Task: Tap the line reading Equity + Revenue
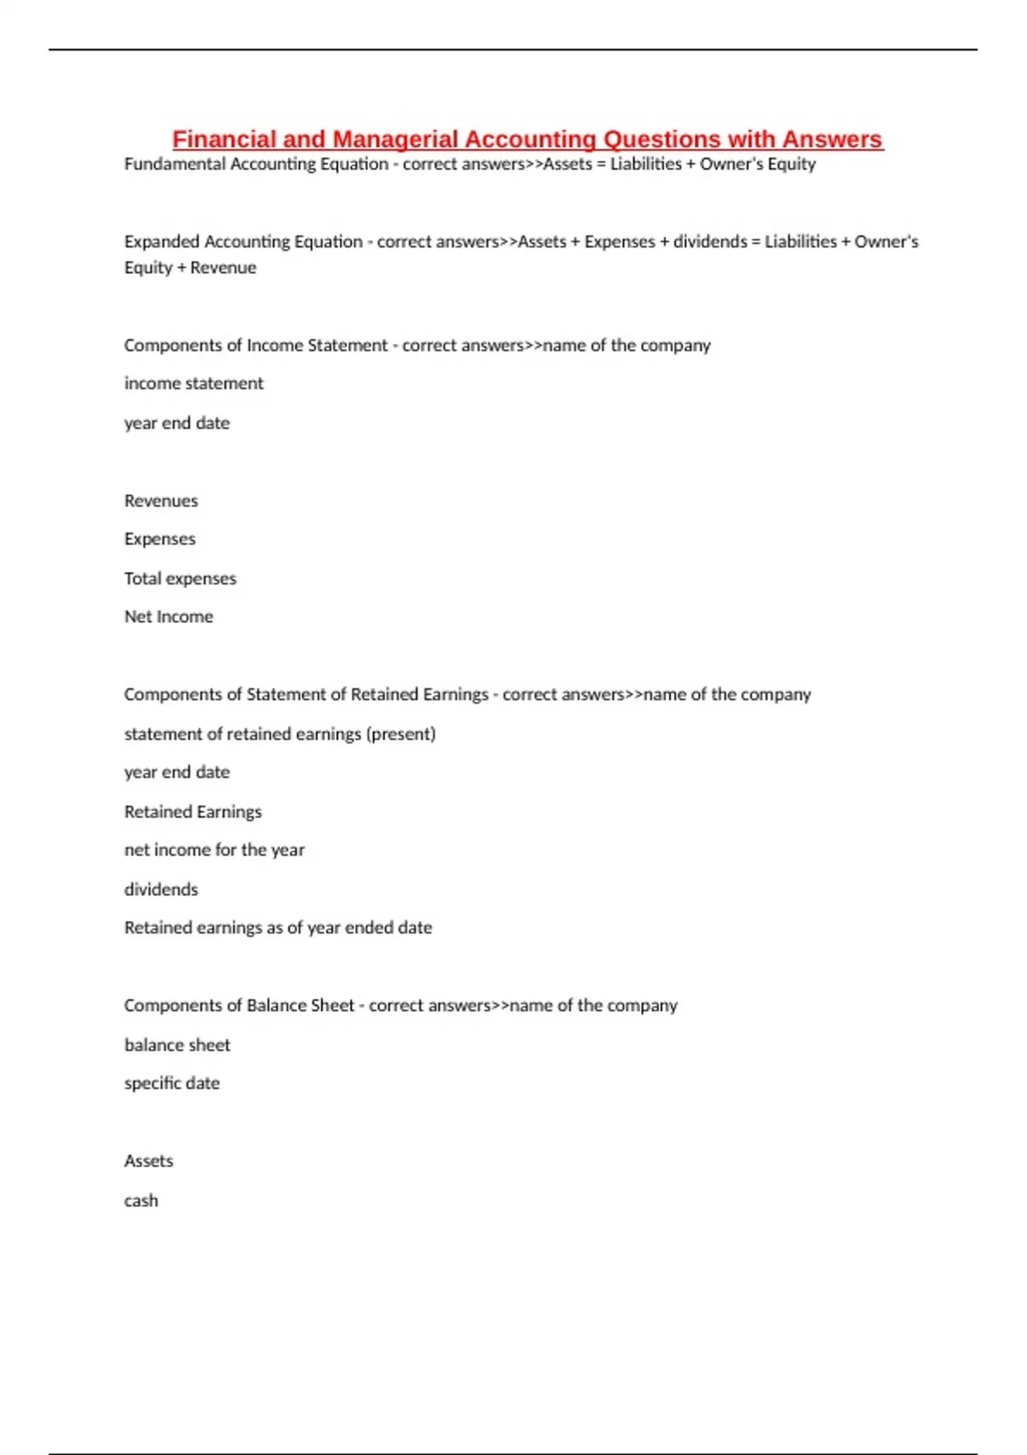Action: click(x=190, y=268)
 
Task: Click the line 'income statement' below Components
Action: click(x=193, y=383)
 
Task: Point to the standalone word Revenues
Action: click(x=161, y=501)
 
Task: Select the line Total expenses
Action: click(x=180, y=579)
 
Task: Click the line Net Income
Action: click(x=169, y=617)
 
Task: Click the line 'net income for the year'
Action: click(x=214, y=850)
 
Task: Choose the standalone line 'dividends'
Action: click(x=161, y=889)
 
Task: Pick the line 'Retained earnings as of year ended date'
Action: click(x=278, y=928)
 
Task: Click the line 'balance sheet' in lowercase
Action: click(x=177, y=1045)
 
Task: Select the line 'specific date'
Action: click(x=172, y=1084)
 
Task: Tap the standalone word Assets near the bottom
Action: click(x=149, y=1161)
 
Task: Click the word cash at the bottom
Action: click(x=141, y=1201)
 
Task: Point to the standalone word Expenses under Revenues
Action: click(x=160, y=539)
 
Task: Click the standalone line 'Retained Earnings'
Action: click(x=193, y=811)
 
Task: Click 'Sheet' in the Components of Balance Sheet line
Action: click(x=332, y=1006)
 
